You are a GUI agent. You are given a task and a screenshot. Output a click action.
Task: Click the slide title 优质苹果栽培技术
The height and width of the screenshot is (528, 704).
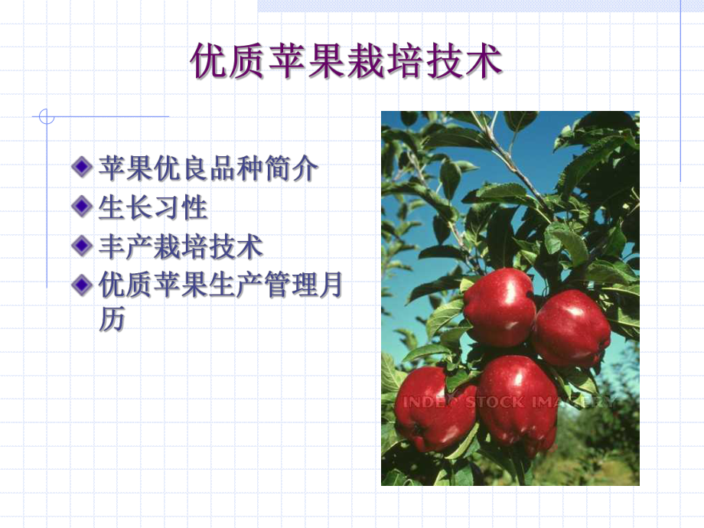(346, 62)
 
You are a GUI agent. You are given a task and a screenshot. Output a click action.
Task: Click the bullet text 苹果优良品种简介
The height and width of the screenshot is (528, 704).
(207, 168)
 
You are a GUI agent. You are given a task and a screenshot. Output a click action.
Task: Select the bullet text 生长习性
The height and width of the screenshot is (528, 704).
(153, 207)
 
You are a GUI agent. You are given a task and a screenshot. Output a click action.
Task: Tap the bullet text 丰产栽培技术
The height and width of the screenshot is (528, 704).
(181, 246)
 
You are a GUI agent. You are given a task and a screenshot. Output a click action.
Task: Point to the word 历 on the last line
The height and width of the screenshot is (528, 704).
(111, 320)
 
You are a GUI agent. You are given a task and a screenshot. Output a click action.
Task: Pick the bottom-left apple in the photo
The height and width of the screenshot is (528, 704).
(434, 408)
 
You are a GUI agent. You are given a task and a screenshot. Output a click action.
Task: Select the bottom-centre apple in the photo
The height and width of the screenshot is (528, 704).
(517, 399)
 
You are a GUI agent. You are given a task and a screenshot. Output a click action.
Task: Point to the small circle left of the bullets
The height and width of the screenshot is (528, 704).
(47, 117)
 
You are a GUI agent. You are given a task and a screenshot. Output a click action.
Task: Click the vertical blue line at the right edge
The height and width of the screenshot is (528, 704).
(680, 92)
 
